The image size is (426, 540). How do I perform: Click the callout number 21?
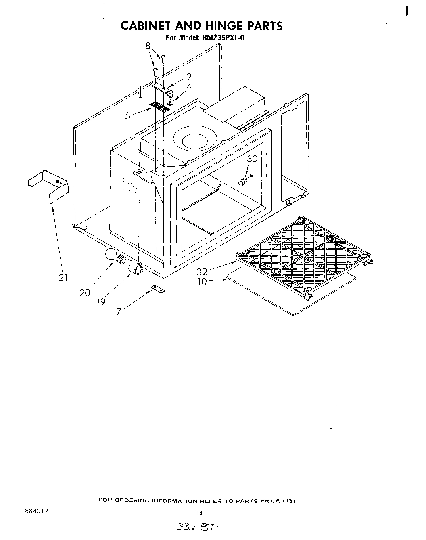63,278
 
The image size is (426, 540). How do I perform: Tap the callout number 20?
85,293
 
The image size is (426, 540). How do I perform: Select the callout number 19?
101,302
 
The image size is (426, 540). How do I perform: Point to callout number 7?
119,312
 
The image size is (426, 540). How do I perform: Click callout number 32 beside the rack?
202,272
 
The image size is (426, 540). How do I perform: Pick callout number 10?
202,282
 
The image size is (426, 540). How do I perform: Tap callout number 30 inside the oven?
252,159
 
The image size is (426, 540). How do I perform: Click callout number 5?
128,116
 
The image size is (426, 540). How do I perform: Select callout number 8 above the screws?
148,46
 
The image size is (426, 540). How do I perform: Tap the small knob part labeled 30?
243,182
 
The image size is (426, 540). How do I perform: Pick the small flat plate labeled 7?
159,289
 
